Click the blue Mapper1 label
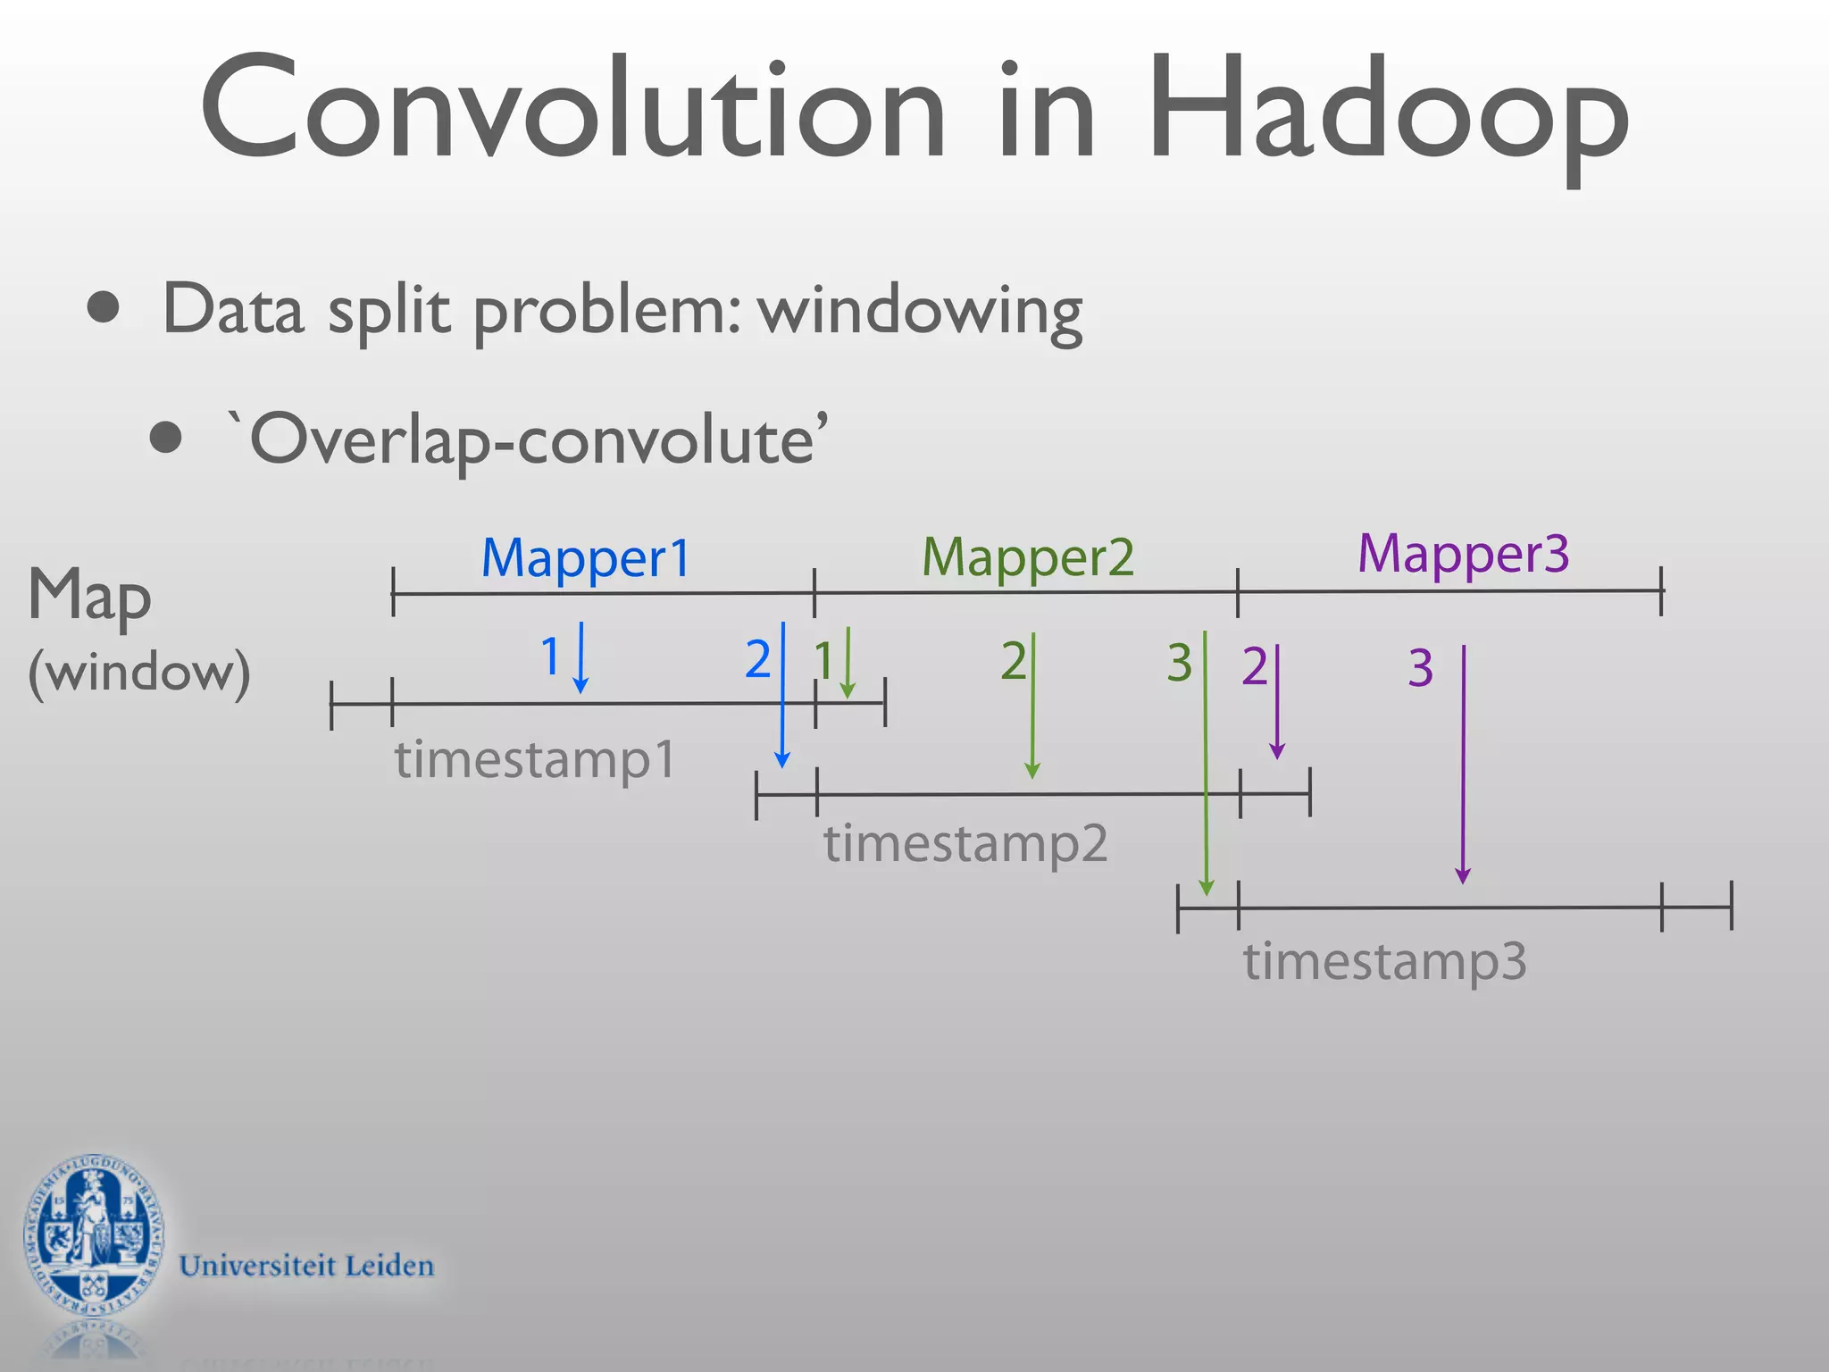[586, 558]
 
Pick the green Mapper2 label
[1028, 558]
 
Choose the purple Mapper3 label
[1463, 554]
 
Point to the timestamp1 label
[535, 760]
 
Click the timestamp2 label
[965, 843]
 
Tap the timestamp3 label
[1384, 962]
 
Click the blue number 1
[550, 657]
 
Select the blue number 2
[757, 660]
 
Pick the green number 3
[1179, 663]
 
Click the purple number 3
[1420, 668]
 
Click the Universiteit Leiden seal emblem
[94, 1237]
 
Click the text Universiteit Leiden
[306, 1266]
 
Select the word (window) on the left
[139, 672]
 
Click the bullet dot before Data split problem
[104, 306]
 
